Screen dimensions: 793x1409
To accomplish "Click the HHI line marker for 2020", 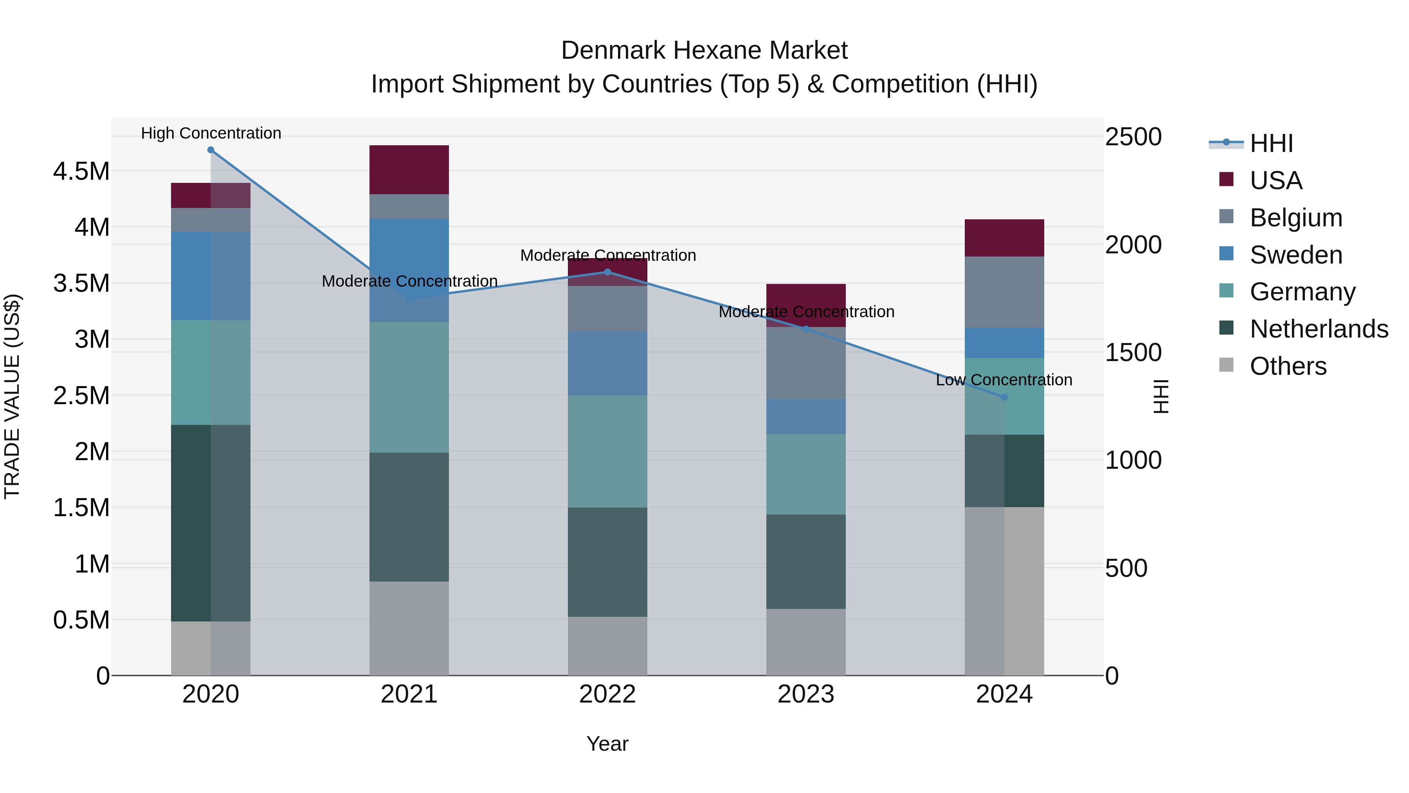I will click(x=211, y=150).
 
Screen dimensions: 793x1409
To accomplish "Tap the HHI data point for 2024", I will click(x=1004, y=397).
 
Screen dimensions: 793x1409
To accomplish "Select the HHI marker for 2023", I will click(x=806, y=329).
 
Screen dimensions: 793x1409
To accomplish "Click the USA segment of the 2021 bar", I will click(x=409, y=170).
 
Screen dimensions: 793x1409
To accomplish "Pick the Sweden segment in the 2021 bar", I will click(x=409, y=270).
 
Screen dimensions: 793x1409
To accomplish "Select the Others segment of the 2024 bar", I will click(x=1004, y=591).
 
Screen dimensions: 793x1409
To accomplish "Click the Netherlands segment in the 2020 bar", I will click(x=211, y=523).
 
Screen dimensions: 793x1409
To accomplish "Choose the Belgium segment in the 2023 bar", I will click(x=806, y=363).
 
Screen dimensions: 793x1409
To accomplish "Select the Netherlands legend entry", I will click(x=1318, y=329).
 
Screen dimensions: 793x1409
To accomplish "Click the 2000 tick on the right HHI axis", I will click(x=1133, y=245).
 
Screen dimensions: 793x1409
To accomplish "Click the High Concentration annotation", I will click(x=211, y=134).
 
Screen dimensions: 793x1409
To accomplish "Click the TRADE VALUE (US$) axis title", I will click(x=12, y=396).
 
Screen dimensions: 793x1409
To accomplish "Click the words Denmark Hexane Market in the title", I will click(x=704, y=51).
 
